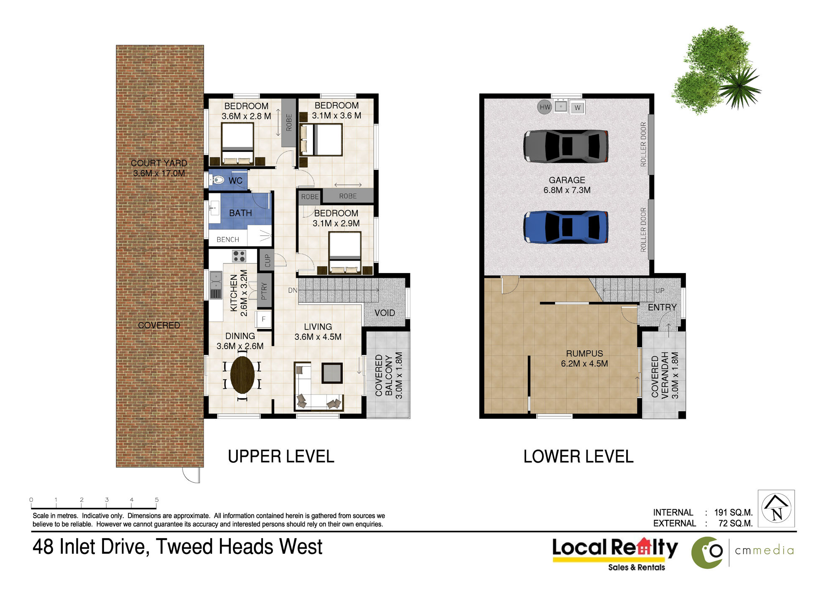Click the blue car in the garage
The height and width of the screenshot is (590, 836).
[566, 227]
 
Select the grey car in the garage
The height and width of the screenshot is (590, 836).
[566, 146]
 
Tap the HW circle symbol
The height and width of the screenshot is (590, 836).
[545, 107]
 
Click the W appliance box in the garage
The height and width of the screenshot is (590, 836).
[577, 107]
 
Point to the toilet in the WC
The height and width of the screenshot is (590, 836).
[217, 180]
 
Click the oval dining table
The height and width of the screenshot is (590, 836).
[242, 375]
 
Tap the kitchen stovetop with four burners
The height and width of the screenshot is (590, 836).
[239, 256]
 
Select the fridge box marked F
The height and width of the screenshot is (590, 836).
[264, 319]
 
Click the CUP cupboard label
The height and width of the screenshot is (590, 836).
[268, 261]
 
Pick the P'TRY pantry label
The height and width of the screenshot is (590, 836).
[264, 291]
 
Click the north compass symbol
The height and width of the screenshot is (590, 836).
[776, 509]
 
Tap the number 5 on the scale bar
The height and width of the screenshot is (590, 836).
[157, 499]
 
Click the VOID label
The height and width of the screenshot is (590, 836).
[385, 313]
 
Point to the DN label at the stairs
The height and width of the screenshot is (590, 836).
[293, 290]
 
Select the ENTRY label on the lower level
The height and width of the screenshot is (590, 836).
[662, 307]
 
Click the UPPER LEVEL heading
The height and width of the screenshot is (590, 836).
[281, 456]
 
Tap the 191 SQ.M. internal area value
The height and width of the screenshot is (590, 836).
[733, 512]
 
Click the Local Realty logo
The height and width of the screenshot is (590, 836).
[615, 554]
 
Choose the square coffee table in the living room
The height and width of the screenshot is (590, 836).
[332, 373]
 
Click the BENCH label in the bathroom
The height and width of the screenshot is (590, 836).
[228, 239]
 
